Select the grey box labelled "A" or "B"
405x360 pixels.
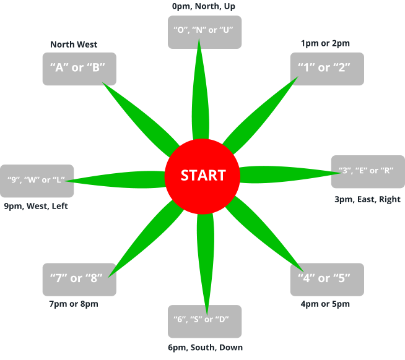coord(79,68)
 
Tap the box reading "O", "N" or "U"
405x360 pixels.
coord(204,32)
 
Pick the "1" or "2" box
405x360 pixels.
coord(326,68)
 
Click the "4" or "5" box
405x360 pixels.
coord(326,279)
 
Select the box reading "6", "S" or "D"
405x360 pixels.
coord(204,320)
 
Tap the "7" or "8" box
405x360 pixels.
coord(79,279)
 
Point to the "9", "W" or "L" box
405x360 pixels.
coord(37,181)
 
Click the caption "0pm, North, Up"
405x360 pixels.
coord(203,6)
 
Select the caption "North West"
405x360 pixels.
coord(74,45)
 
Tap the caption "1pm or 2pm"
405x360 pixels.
coord(325,43)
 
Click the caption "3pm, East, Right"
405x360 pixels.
coord(367,199)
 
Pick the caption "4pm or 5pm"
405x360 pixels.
coord(325,304)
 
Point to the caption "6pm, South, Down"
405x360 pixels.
coord(205,348)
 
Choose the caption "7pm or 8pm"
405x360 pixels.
coord(74,304)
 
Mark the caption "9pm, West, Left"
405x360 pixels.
coord(36,206)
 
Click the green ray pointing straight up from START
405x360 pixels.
coord(199,93)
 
